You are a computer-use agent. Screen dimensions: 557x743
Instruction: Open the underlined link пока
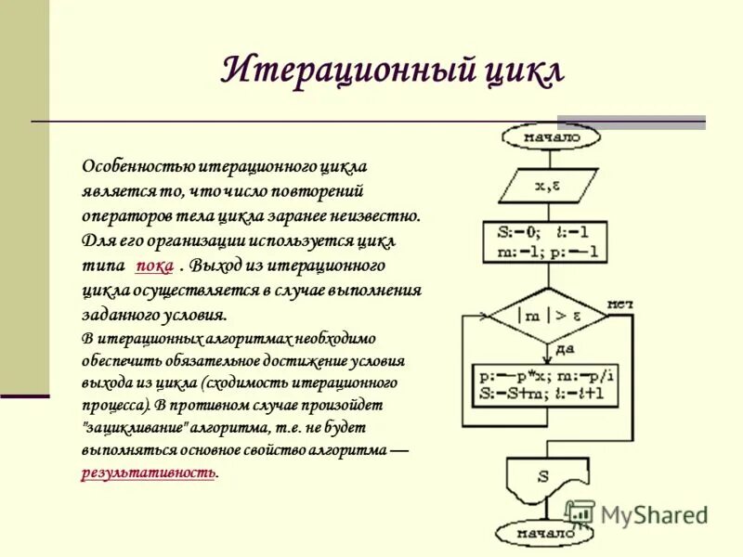click(154, 266)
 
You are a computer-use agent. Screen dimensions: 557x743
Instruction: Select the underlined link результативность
click(149, 473)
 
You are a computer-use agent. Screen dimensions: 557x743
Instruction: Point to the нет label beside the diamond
click(619, 304)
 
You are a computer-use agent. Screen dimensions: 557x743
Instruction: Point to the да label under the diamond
click(565, 350)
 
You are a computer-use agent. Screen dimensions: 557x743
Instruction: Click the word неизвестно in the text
click(381, 216)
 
